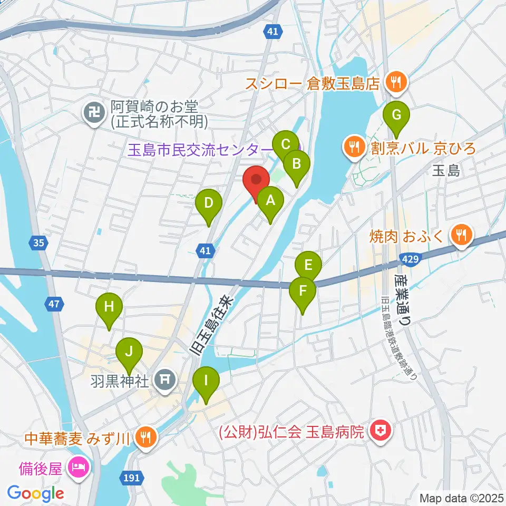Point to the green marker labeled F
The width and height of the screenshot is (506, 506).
[303, 291]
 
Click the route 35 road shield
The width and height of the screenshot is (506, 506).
[38, 243]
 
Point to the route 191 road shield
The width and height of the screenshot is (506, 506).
[133, 478]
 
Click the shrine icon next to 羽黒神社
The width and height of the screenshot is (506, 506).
[164, 379]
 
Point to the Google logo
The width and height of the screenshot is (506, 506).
[36, 494]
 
